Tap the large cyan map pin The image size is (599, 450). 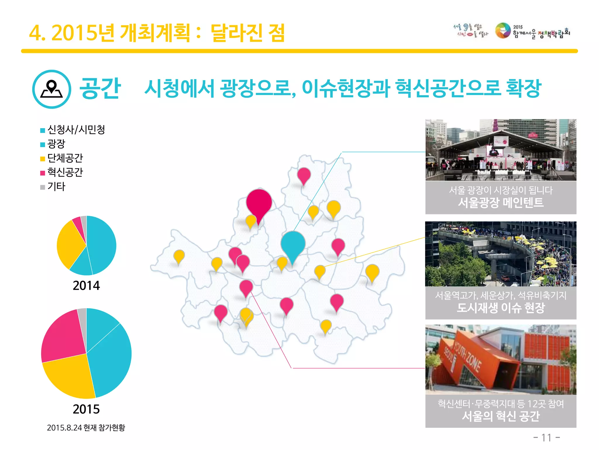click(x=293, y=244)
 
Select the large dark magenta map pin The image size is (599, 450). click(x=259, y=203)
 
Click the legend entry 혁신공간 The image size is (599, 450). click(x=65, y=172)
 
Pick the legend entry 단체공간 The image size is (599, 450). click(x=65, y=158)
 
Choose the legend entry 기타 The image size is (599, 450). click(x=56, y=187)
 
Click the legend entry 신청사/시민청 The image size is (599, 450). click(x=76, y=129)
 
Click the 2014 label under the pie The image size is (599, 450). click(x=86, y=286)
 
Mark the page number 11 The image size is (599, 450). click(x=546, y=438)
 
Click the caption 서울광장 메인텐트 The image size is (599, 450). click(x=501, y=202)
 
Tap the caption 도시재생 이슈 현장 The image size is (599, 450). click(x=501, y=308)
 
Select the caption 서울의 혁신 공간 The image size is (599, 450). click(x=501, y=416)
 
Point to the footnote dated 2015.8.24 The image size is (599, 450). click(x=86, y=428)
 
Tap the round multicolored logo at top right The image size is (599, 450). click(x=503, y=31)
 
